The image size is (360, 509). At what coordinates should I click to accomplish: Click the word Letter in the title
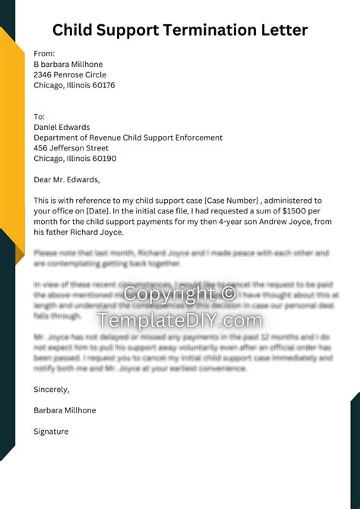coord(283,30)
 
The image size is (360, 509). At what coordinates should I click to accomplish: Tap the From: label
coord(44,54)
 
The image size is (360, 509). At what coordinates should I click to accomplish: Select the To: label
coord(39,117)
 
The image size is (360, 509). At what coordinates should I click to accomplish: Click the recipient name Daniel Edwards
coord(62,128)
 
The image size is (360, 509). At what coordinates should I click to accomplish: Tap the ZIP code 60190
coord(103,159)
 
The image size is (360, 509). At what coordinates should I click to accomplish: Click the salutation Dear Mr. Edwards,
coord(67,180)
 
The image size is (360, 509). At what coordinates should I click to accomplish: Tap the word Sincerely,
coord(52,389)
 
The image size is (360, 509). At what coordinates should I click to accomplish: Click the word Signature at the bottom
coord(51,432)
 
